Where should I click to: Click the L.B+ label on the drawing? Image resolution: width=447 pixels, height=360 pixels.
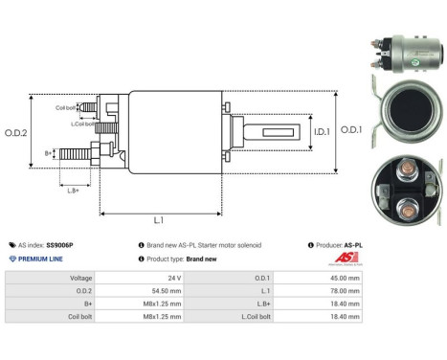75,191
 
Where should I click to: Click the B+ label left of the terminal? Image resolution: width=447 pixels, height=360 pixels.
49,152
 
